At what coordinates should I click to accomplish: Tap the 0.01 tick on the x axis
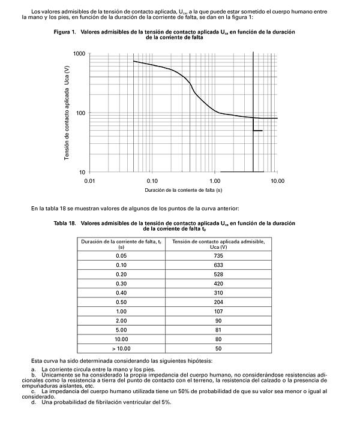tap(90, 180)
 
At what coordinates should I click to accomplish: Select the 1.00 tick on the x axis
tap(215, 180)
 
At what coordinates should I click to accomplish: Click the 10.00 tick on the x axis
tap(277, 180)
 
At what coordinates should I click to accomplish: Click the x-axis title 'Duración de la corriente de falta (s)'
tap(183, 190)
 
